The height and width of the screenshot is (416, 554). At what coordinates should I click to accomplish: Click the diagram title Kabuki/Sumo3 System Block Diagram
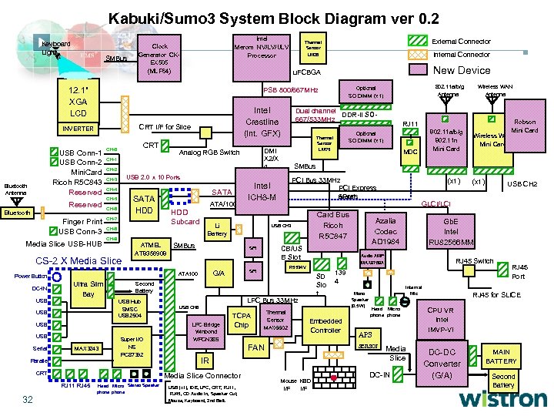click(273, 17)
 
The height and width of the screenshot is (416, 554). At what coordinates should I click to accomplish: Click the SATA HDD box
click(145, 205)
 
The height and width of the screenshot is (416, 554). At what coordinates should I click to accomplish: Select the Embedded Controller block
click(325, 326)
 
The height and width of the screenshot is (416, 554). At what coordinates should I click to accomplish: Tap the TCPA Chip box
click(242, 320)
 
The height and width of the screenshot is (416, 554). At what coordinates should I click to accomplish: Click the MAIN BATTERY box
click(501, 357)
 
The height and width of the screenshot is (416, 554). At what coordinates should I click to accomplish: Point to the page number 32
click(27, 399)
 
